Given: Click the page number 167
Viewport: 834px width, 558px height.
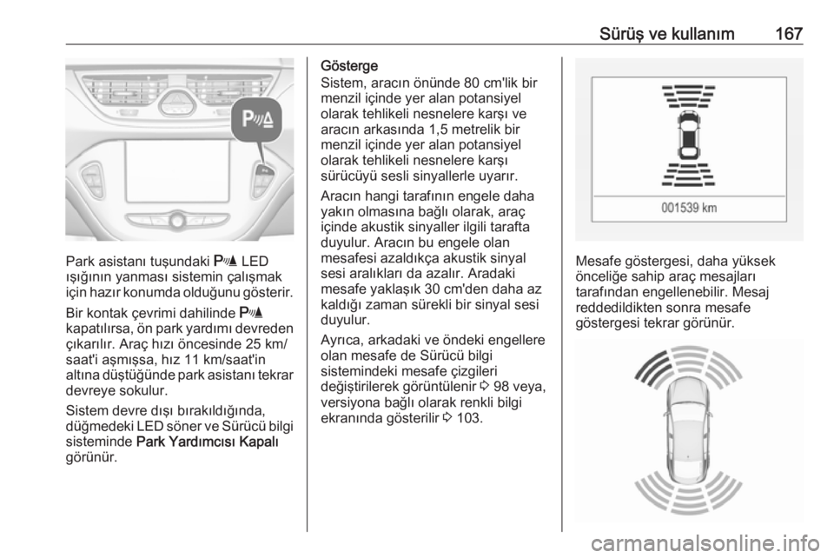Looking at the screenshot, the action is point(789,34).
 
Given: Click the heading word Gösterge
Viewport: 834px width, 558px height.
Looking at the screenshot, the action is point(349,66).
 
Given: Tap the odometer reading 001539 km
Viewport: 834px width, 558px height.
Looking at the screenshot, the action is point(689,208).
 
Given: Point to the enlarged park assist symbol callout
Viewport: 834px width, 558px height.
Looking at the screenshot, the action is point(257,120).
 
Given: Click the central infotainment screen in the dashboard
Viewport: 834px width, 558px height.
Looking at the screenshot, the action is point(178,170).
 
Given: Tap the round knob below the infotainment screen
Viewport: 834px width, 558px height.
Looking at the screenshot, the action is point(177,221).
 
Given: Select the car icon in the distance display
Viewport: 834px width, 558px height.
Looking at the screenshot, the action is point(688,135).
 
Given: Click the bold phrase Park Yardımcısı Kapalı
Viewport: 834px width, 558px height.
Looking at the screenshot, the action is point(208,442).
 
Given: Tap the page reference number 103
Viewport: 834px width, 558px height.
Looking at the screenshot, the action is point(469,418).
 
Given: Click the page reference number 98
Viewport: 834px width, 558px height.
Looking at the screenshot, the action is point(501,387).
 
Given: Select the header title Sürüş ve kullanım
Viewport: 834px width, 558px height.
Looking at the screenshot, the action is point(666,34).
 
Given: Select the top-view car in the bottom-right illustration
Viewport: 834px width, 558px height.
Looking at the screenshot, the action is point(689,431).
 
